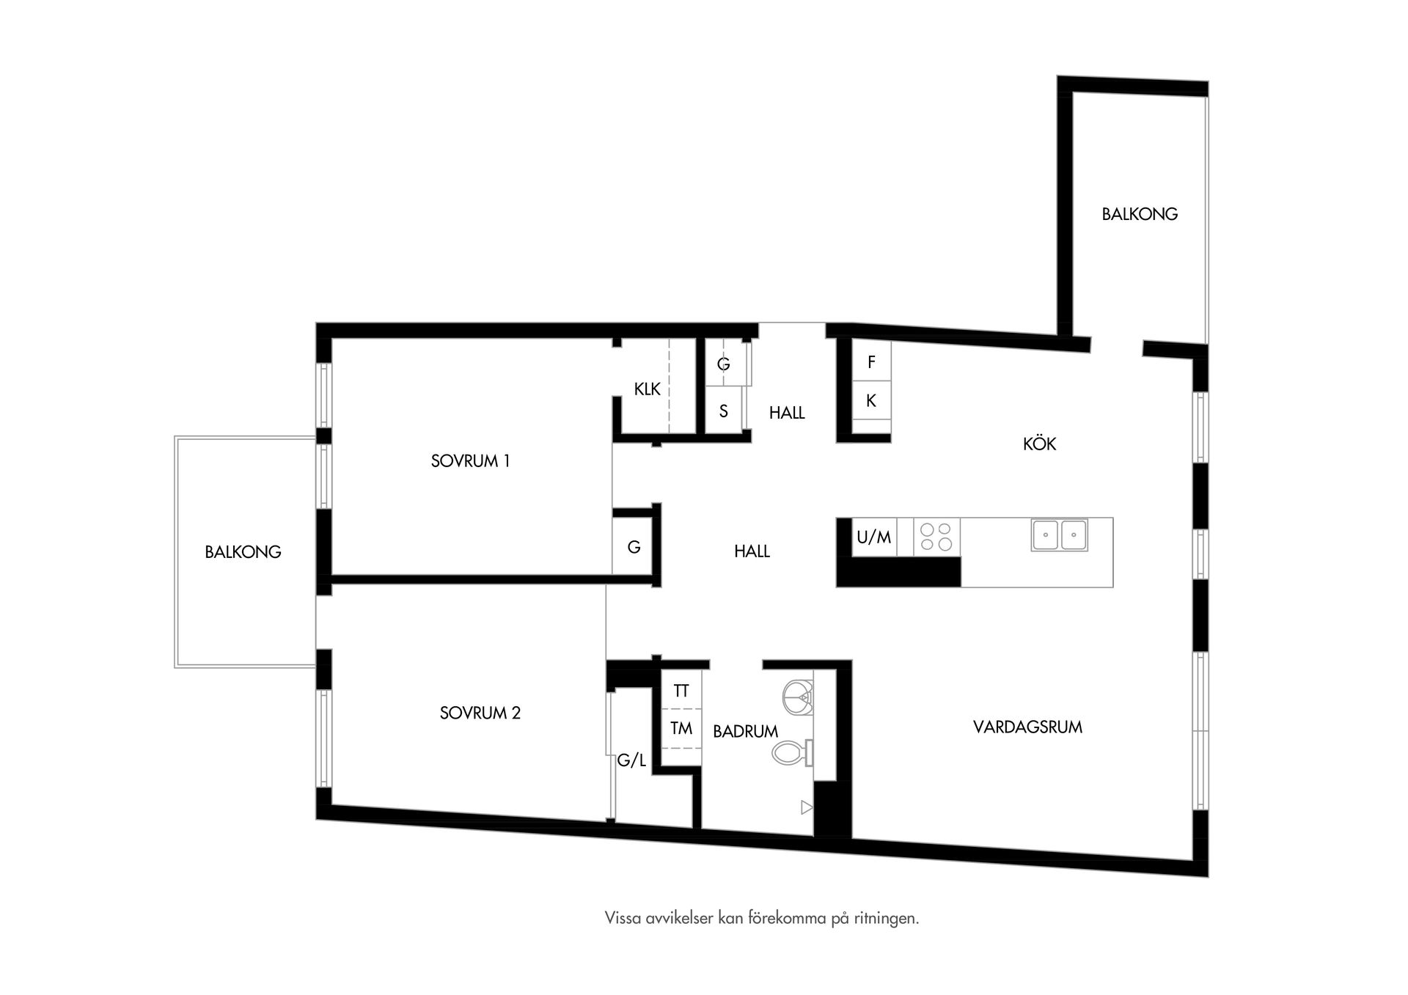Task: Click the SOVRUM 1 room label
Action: click(470, 461)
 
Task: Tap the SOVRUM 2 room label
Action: click(480, 713)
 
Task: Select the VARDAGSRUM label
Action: click(1027, 727)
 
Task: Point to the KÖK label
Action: click(1039, 444)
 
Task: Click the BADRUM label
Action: click(745, 731)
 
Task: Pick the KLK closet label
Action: click(647, 389)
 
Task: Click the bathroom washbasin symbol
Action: click(798, 697)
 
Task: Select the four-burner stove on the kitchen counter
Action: click(936, 536)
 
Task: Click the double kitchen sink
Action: click(1059, 535)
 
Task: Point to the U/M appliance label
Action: click(873, 537)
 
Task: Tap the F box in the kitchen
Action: click(871, 361)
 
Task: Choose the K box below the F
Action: click(871, 400)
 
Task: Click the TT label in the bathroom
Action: click(681, 691)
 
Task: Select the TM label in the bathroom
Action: click(681, 728)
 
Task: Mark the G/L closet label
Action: click(631, 760)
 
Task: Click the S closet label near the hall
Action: click(723, 411)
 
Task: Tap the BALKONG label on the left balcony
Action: click(243, 552)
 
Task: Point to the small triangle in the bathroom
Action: click(807, 807)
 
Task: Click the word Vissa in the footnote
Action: click(620, 918)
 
